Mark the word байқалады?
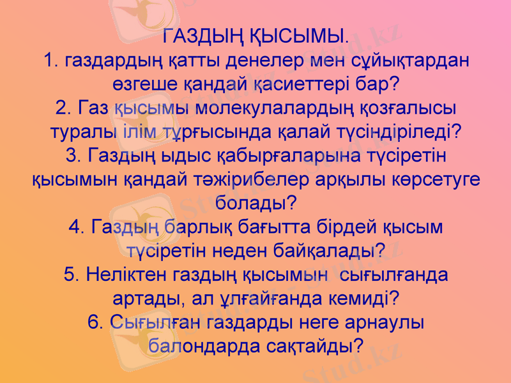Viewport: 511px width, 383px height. [x=329, y=251]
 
